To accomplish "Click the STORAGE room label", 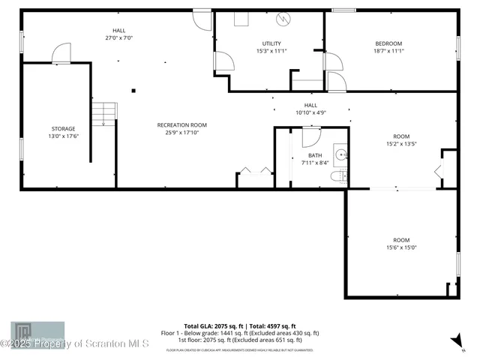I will pos(63,128).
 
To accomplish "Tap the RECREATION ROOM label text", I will pos(181,124).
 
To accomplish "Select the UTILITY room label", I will pos(271,43).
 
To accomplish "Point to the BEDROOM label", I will pos(388,43).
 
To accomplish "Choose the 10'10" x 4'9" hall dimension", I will pos(310,112).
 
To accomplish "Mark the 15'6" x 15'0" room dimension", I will pos(401,247).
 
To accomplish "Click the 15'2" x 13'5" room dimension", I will pos(401,143).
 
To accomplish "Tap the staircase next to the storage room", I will pos(105,115).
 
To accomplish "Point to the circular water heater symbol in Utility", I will pos(284,18).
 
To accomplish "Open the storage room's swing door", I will pos(61,54).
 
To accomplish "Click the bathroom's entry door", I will pos(311,136).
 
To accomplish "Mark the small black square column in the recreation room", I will pos(133,91).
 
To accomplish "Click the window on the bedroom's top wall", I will pos(343,10).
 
